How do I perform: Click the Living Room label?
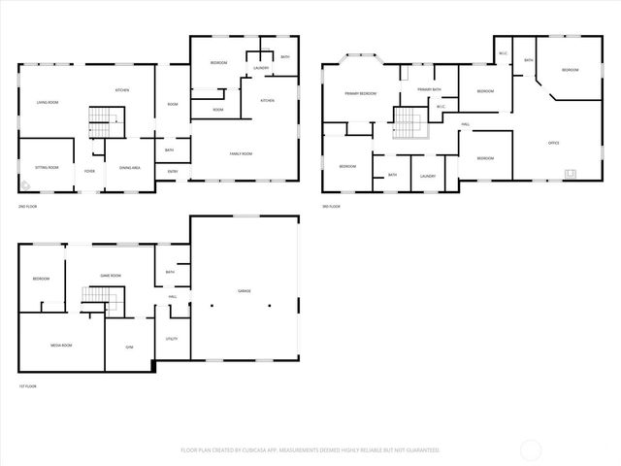(49, 102)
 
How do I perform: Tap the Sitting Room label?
(48, 167)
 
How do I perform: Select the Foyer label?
(89, 171)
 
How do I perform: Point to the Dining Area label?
(130, 168)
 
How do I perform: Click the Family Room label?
(241, 153)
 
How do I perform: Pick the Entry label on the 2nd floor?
(173, 172)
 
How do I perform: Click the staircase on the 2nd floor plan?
(103, 120)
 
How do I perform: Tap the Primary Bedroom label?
(360, 93)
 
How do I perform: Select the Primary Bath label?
(430, 89)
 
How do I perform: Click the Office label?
(553, 143)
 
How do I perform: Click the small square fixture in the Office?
(571, 175)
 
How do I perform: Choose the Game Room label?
(111, 276)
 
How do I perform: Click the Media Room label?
(61, 345)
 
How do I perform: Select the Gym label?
(129, 347)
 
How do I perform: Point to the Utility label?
(172, 339)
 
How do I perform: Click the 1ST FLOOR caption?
(27, 386)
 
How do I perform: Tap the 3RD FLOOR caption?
(333, 207)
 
